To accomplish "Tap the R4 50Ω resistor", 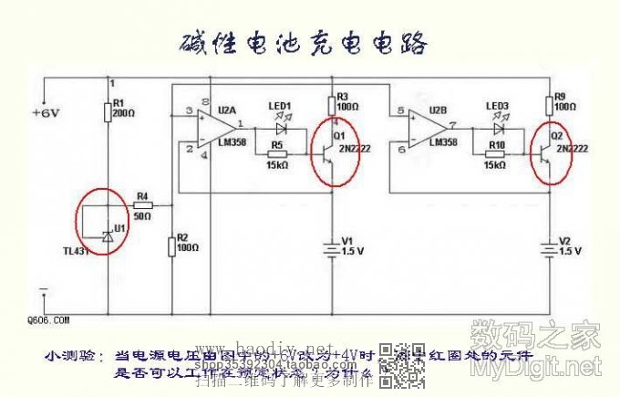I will [143, 206].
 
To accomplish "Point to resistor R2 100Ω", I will [171, 246].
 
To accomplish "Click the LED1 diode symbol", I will [280, 129].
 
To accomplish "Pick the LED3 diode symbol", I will [497, 129].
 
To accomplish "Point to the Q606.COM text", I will [47, 320].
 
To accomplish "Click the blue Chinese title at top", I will [303, 43].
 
